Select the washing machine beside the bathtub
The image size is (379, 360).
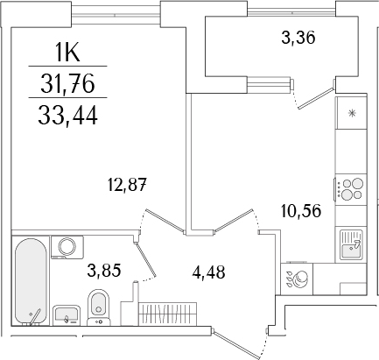click(x=65, y=248)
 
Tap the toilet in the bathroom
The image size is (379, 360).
click(x=99, y=307)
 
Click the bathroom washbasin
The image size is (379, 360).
click(x=66, y=313)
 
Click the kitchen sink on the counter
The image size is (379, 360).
click(x=352, y=244)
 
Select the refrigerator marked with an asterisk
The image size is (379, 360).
click(x=353, y=115)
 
